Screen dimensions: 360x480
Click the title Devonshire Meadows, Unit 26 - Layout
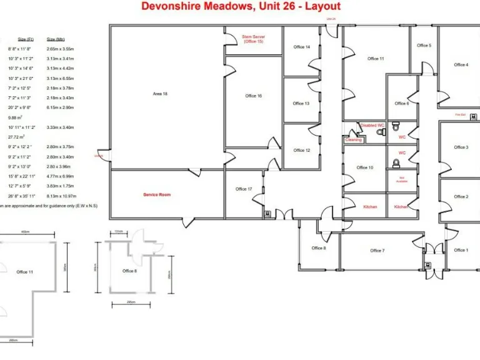click(x=241, y=6)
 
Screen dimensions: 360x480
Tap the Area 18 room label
click(x=160, y=94)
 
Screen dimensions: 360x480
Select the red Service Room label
click(x=157, y=195)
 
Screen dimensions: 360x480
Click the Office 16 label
click(x=253, y=96)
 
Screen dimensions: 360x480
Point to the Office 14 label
click(x=302, y=47)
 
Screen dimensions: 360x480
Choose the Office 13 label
click(x=301, y=103)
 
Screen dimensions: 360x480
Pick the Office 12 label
click(x=302, y=150)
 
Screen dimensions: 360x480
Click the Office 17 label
click(x=244, y=189)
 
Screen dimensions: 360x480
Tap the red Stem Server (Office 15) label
click(x=253, y=39)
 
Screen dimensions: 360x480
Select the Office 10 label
click(x=365, y=167)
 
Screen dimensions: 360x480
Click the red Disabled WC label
click(x=372, y=126)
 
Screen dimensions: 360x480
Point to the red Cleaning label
click(x=354, y=140)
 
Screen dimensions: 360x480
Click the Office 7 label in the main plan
click(x=377, y=251)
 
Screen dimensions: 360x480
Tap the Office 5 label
click(x=424, y=45)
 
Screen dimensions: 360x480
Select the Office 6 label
click(x=401, y=103)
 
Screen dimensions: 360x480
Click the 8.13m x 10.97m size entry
click(x=60, y=195)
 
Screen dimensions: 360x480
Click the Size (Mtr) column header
click(x=56, y=39)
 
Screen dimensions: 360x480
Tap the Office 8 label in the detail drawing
click(x=129, y=271)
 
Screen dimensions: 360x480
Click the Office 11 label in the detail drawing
click(x=25, y=272)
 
